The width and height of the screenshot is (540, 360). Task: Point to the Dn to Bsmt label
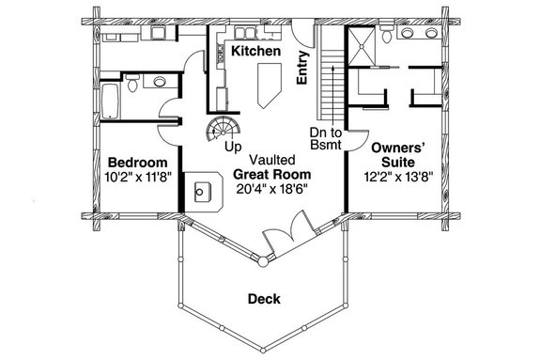326,139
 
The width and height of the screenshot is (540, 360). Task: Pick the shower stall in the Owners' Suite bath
365,42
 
